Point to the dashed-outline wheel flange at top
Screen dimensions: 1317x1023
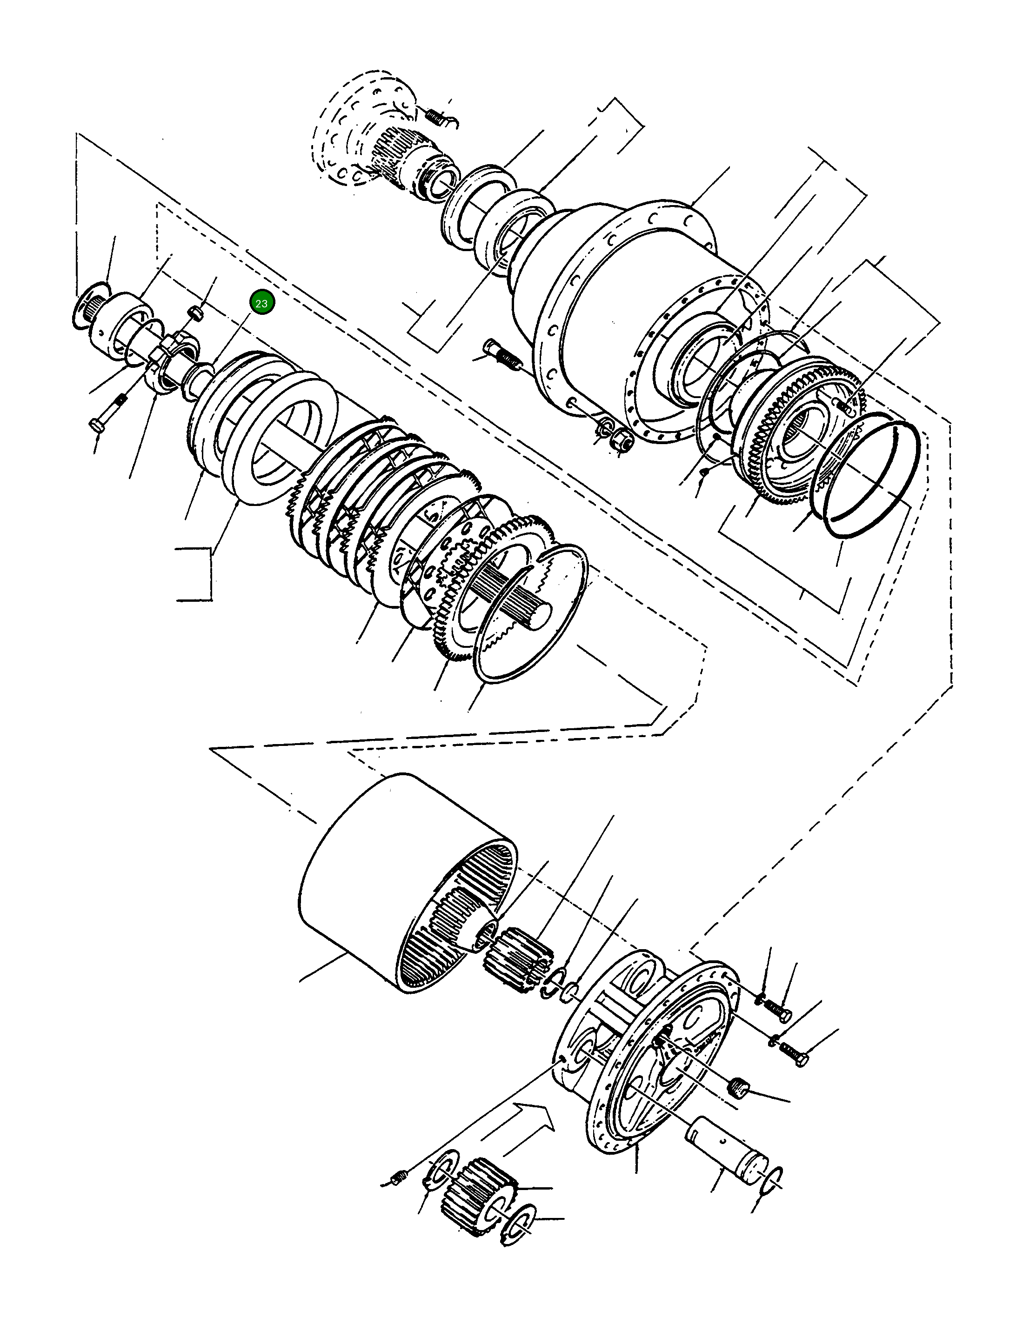point(362,130)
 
